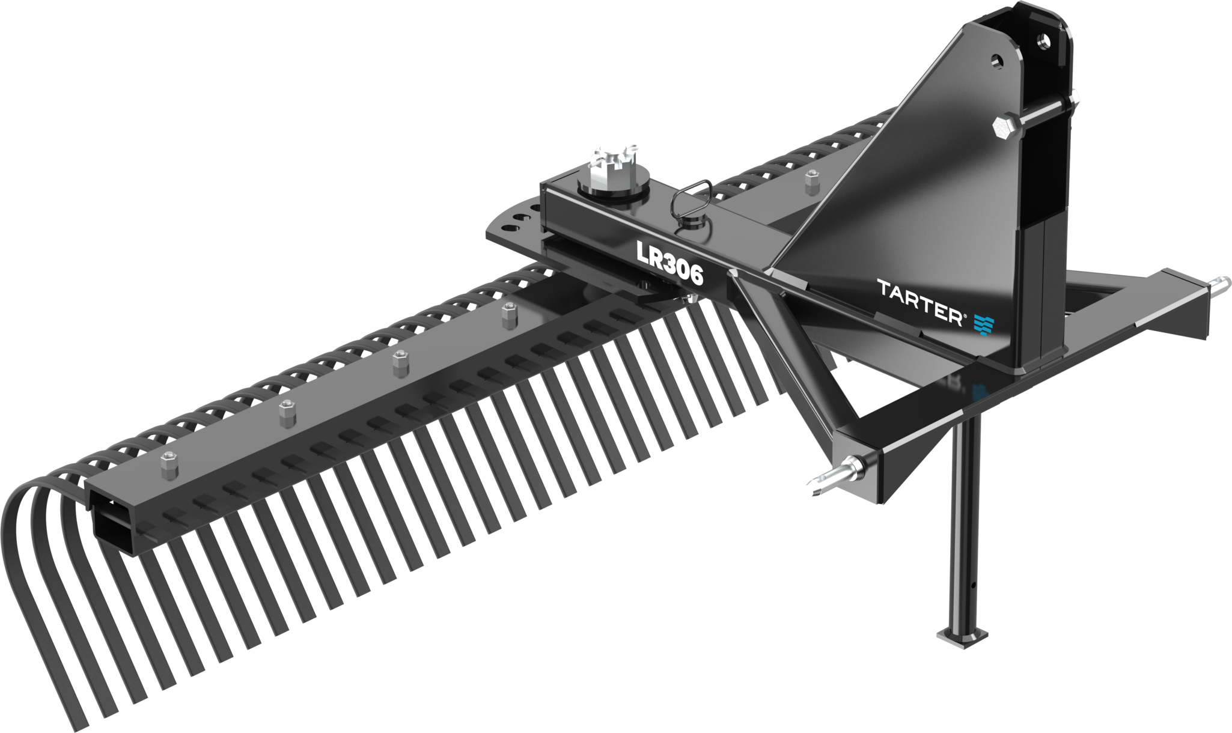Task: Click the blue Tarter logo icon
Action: click(x=983, y=325)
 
